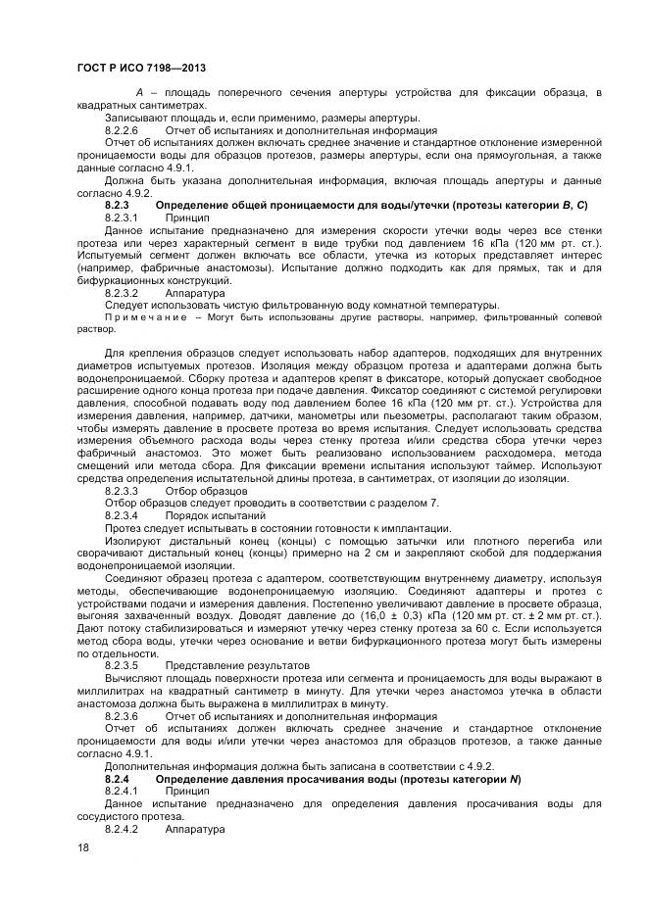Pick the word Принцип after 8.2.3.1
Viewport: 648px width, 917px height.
click(x=186, y=217)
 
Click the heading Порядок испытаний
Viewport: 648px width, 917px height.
click(x=211, y=515)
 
